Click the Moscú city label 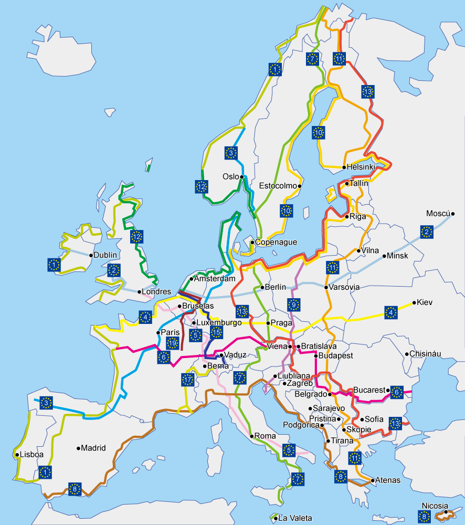click(438, 214)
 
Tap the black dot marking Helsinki click(344, 167)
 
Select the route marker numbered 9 click(293, 304)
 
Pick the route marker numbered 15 click(217, 332)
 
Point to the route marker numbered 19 click(172, 344)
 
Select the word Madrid click(93, 448)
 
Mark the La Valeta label click(294, 519)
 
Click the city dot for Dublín click(91, 256)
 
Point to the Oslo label click(231, 176)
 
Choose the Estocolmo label click(278, 186)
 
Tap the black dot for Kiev click(415, 302)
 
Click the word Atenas click(388, 480)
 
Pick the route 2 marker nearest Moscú click(427, 232)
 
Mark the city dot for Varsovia click(326, 288)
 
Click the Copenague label click(276, 243)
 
